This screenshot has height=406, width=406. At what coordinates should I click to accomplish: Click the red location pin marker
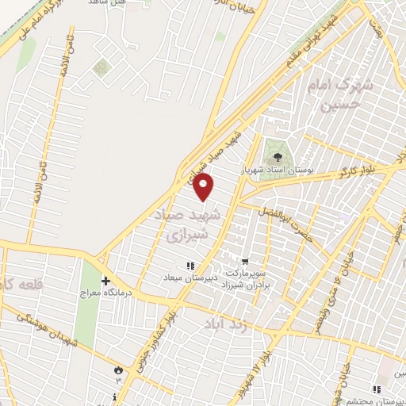click(205, 187)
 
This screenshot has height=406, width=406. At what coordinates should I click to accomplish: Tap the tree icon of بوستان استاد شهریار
click(278, 157)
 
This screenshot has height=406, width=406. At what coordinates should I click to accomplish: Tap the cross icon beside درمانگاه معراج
click(105, 281)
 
